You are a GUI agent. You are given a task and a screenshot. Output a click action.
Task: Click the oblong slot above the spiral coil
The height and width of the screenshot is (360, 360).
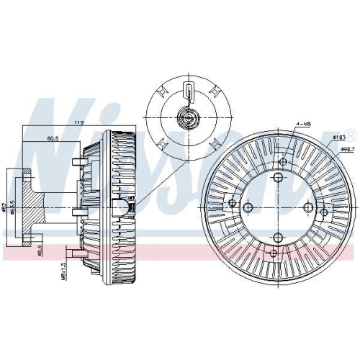tap(187, 92)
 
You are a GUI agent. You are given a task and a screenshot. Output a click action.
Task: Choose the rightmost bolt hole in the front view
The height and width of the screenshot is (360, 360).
tap(308, 208)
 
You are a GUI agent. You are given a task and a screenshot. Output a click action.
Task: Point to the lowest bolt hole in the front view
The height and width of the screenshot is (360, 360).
tap(278, 238)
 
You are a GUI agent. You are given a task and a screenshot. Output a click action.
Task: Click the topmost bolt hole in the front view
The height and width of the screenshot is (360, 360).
tap(278, 178)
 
